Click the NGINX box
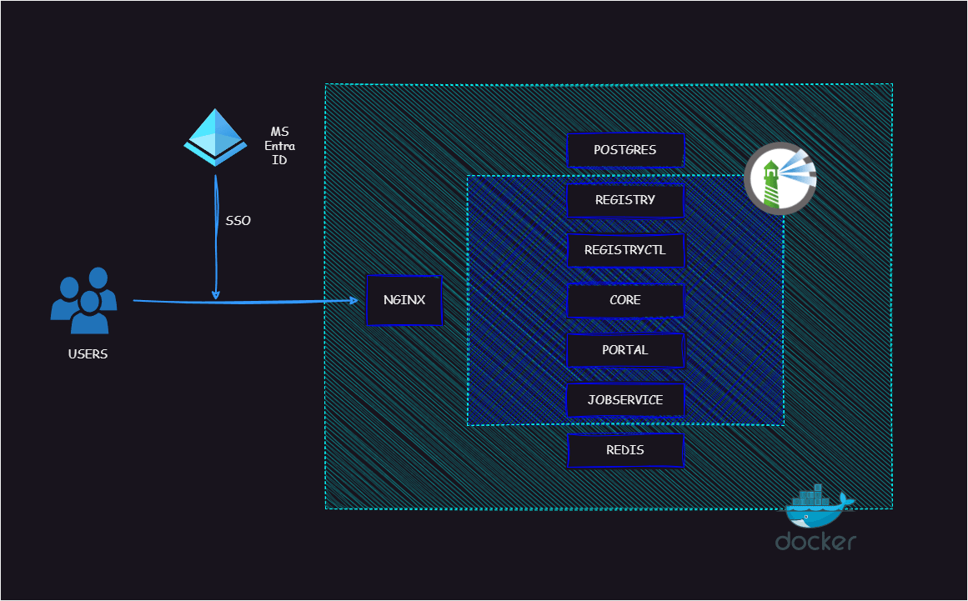point(404,300)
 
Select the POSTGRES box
point(625,150)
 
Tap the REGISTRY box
point(625,200)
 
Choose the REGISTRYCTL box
point(625,250)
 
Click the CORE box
point(625,300)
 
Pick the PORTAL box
point(625,350)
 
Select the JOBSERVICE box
point(625,400)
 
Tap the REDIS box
point(625,450)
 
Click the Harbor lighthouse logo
point(780,178)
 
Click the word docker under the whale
point(815,541)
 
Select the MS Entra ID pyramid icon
point(215,138)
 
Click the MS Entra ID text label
point(279,146)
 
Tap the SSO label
point(238,220)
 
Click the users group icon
point(84,300)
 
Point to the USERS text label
point(88,354)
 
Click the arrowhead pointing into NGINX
point(354,300)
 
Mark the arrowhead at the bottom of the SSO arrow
point(215,294)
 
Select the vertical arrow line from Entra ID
point(216,237)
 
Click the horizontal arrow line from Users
point(246,302)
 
